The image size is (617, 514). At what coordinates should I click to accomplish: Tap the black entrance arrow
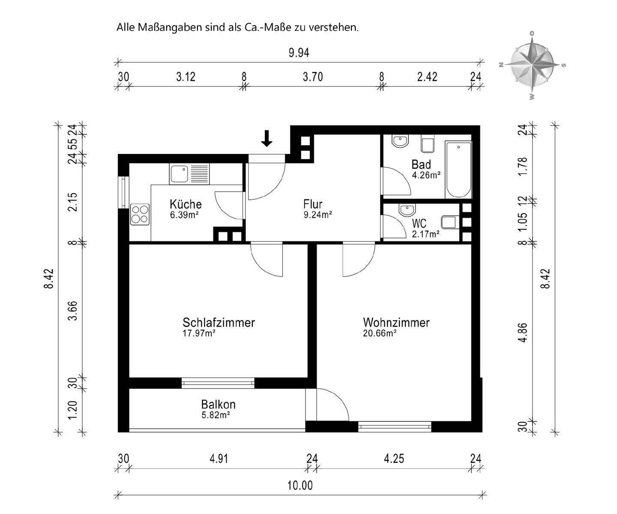[x=267, y=138]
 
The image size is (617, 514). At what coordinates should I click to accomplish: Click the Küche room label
[x=185, y=204]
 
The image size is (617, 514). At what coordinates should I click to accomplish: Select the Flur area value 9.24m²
[x=317, y=215]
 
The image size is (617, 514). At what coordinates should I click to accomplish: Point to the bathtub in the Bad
[x=458, y=169]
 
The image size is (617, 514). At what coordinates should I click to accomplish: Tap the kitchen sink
[x=179, y=174]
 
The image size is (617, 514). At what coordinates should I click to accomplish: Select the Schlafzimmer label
[x=219, y=322]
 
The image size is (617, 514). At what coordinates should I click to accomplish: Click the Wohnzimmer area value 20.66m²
[x=379, y=333]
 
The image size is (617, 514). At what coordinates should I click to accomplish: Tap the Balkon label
[x=218, y=404]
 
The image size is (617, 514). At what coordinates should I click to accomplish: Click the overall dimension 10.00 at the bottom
[x=300, y=486]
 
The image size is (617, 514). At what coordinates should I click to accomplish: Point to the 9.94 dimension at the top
[x=299, y=53]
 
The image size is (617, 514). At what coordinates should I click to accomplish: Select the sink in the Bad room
[x=401, y=141]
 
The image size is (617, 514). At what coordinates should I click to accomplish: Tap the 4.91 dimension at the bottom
[x=219, y=459]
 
